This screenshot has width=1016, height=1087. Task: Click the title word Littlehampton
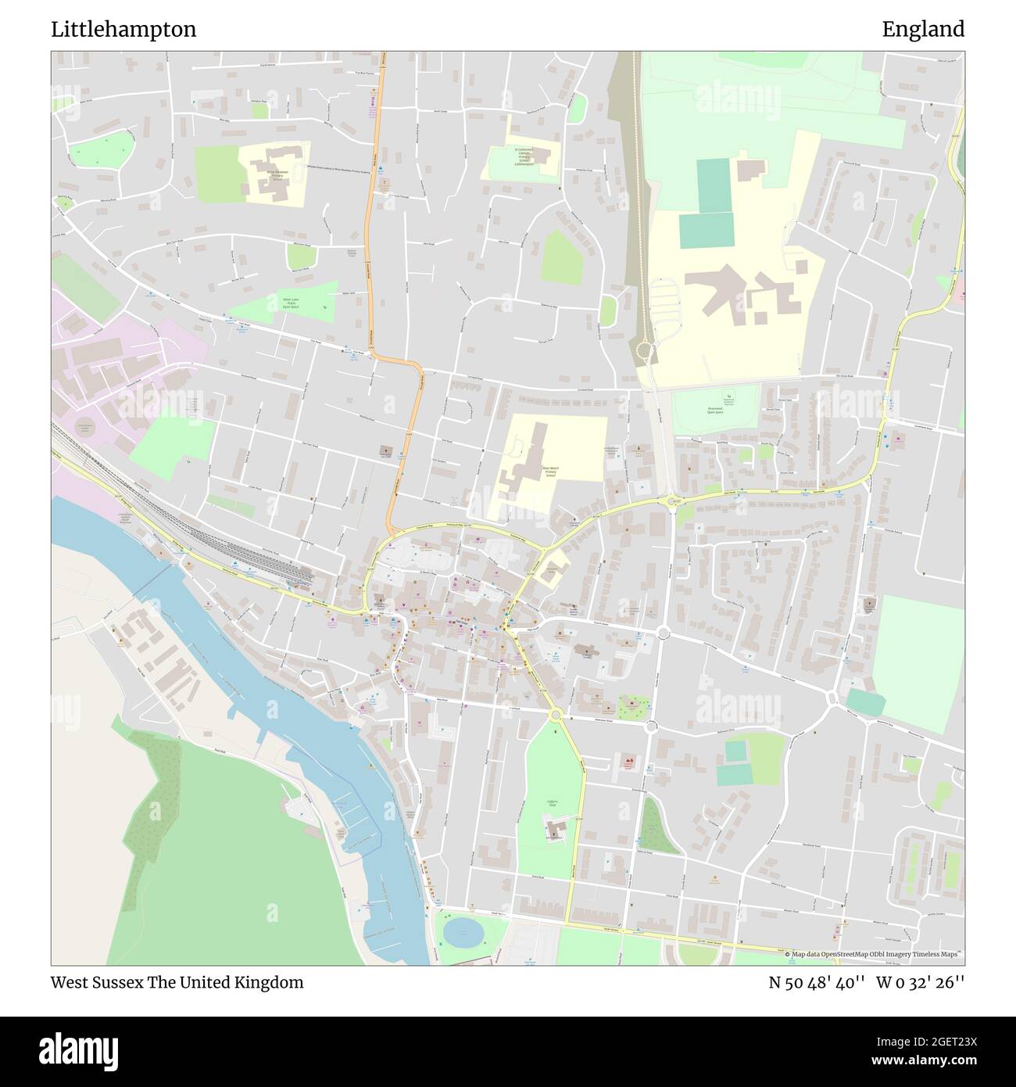point(123,30)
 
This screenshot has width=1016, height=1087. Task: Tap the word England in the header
point(923,30)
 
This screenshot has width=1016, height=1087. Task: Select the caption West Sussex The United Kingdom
point(177,982)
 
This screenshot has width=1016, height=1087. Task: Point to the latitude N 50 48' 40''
point(816,982)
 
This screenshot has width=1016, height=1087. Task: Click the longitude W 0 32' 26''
point(920,982)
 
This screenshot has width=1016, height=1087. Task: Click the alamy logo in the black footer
point(79,1049)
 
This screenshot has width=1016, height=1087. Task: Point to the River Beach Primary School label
point(550,472)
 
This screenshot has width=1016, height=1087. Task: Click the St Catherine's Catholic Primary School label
point(524,156)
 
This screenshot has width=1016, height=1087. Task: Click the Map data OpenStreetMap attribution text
point(872,954)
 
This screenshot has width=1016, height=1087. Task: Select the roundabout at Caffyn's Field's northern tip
point(556,714)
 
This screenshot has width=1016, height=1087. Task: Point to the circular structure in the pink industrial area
point(85,428)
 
